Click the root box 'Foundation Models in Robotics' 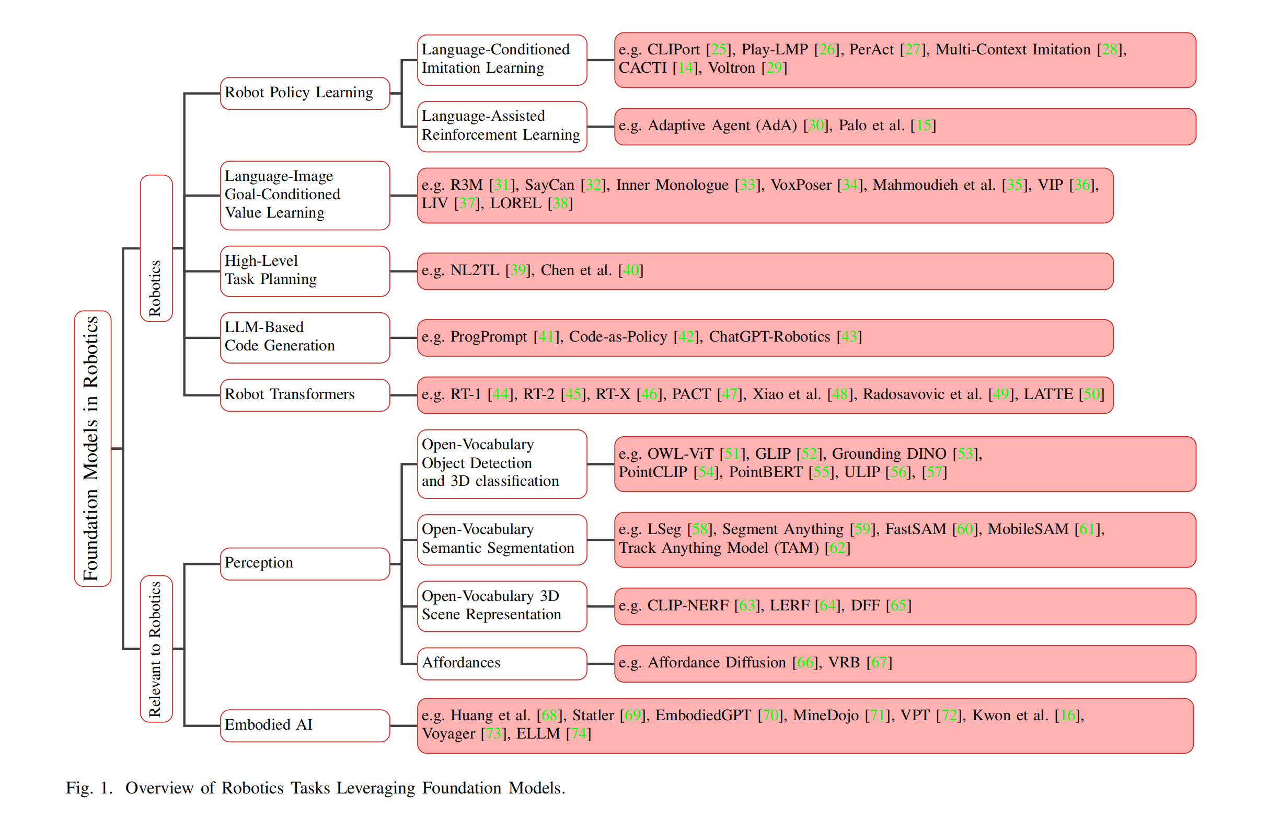(93, 448)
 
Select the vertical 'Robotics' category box (156, 248)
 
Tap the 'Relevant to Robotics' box (156, 648)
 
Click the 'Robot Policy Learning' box (305, 94)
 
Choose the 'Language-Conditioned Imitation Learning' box (502, 60)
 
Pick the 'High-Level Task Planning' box (305, 271)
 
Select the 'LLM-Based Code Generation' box (305, 337)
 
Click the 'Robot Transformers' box (305, 395)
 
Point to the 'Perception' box (305, 563)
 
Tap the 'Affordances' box (502, 663)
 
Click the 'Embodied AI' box (305, 725)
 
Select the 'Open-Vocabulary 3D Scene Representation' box (502, 606)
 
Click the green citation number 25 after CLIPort (718, 50)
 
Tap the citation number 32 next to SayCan (593, 185)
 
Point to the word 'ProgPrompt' (488, 337)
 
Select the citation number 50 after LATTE (1091, 394)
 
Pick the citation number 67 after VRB (879, 663)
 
